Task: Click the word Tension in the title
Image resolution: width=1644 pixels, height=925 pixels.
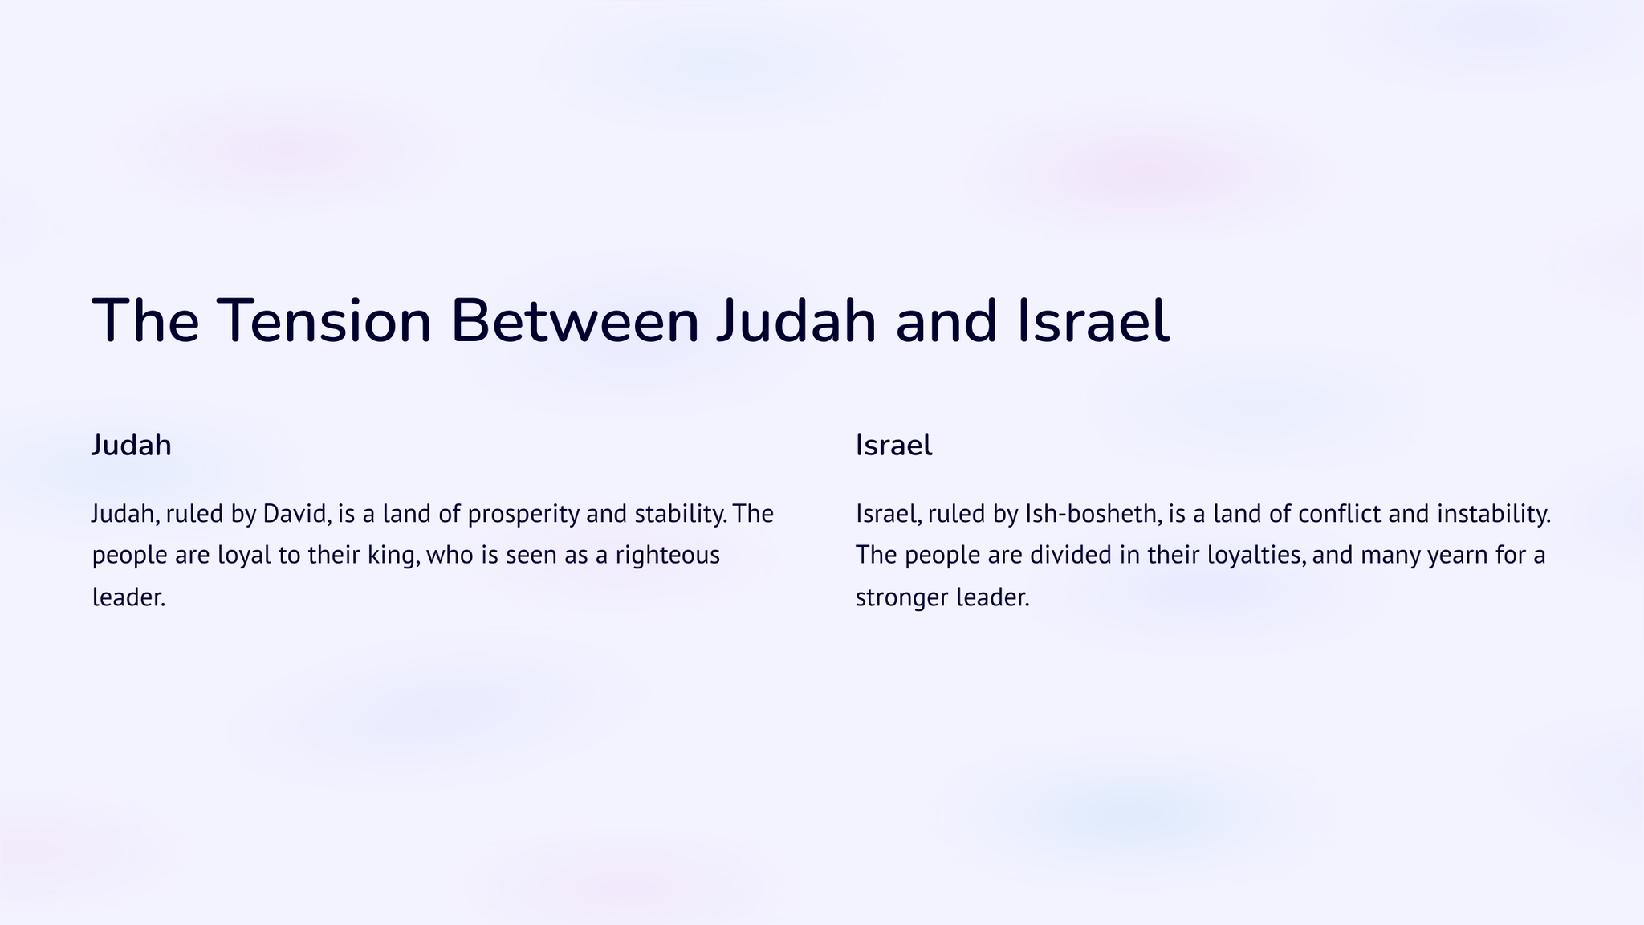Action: (325, 321)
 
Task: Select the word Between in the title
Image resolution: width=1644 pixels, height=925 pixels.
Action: (575, 321)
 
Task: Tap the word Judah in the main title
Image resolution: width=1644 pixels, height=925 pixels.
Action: (796, 321)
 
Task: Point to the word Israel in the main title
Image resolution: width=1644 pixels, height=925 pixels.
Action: (1093, 321)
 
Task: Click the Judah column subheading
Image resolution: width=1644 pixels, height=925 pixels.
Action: (131, 445)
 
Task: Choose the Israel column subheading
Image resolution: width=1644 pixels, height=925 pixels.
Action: (893, 445)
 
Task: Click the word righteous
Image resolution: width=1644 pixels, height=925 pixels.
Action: (668, 556)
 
